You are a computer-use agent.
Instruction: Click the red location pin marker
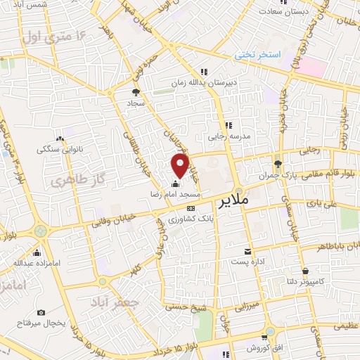pos(180,166)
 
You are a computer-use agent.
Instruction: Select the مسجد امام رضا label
pos(175,192)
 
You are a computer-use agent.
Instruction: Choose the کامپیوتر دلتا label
pos(304,282)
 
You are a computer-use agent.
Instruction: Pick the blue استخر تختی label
pos(257,54)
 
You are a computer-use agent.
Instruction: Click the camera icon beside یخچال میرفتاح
pos(41,311)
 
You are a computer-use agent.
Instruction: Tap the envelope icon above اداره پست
pos(247,251)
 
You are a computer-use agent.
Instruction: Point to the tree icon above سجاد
pos(136,91)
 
